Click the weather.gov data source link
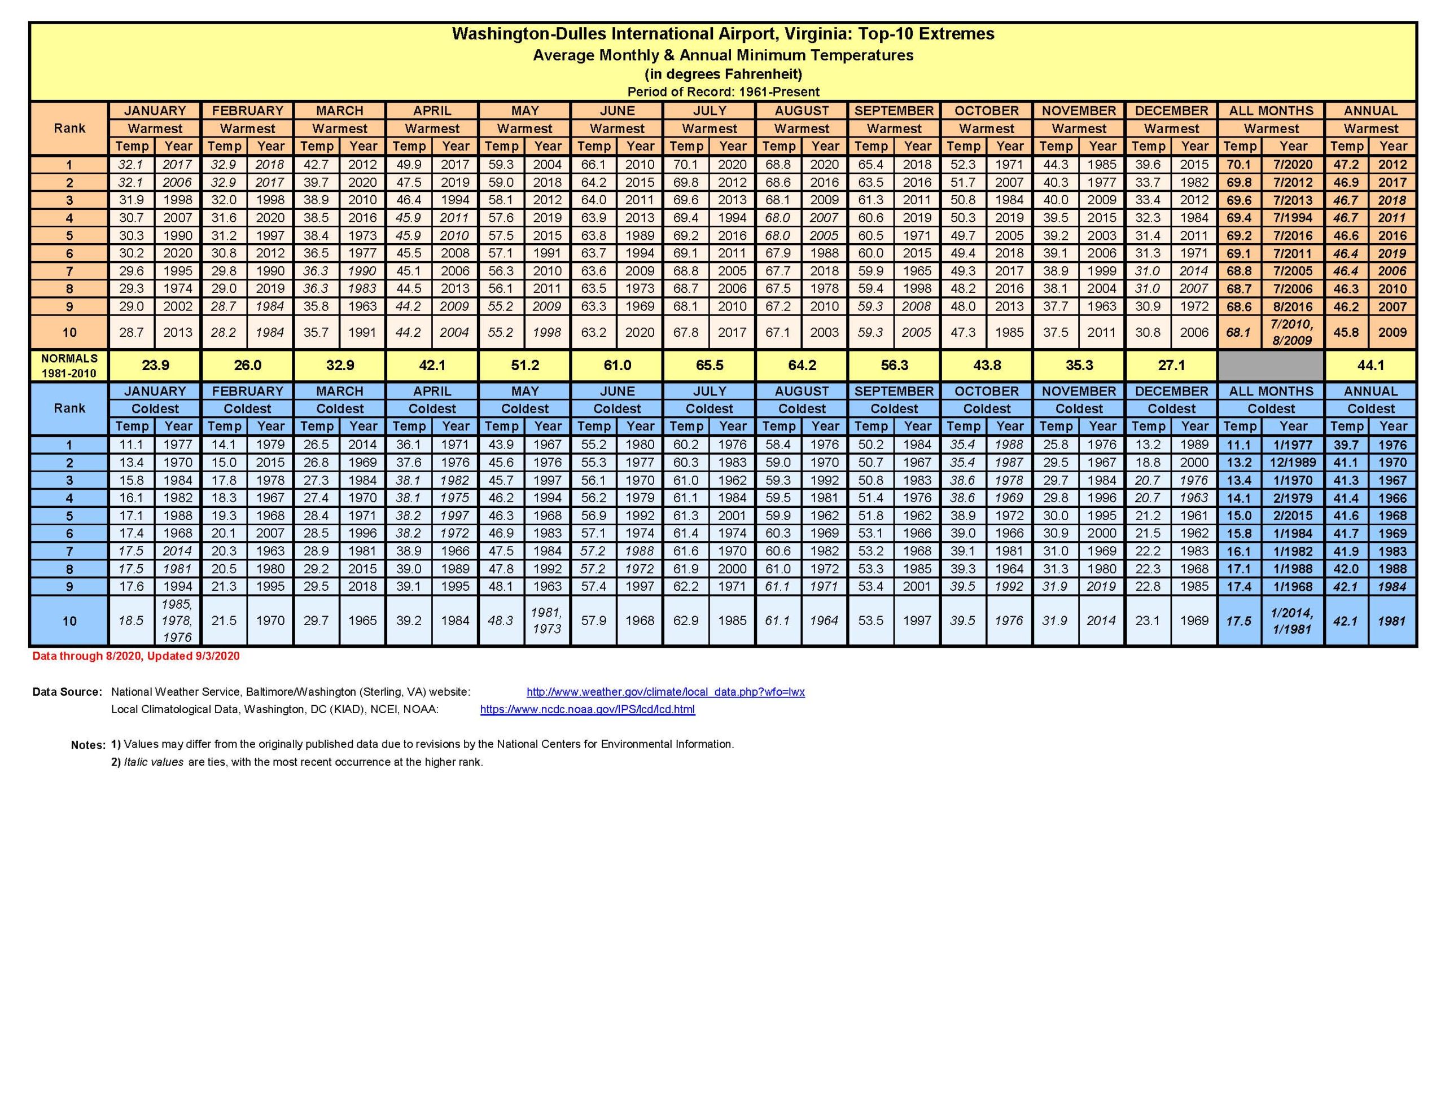tap(665, 692)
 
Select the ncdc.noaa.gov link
tap(588, 709)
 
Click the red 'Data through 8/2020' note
tap(136, 656)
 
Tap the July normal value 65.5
tap(710, 365)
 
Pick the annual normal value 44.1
tap(1370, 365)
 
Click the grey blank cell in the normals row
tap(1271, 365)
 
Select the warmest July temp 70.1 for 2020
tap(686, 165)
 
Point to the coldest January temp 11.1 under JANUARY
tap(132, 445)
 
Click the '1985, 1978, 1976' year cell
tap(177, 621)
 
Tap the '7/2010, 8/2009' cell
tap(1293, 332)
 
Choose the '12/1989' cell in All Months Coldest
tap(1293, 463)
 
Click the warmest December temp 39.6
tap(1148, 165)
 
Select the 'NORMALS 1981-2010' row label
tap(69, 365)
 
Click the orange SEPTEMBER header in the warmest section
tap(894, 111)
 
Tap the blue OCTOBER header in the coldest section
tap(987, 391)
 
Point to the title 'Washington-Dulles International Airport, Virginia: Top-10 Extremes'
tap(722, 34)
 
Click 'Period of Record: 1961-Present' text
tap(723, 92)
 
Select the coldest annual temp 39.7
tap(1347, 445)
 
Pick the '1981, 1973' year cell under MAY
tap(546, 621)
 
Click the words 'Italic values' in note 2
tap(154, 762)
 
